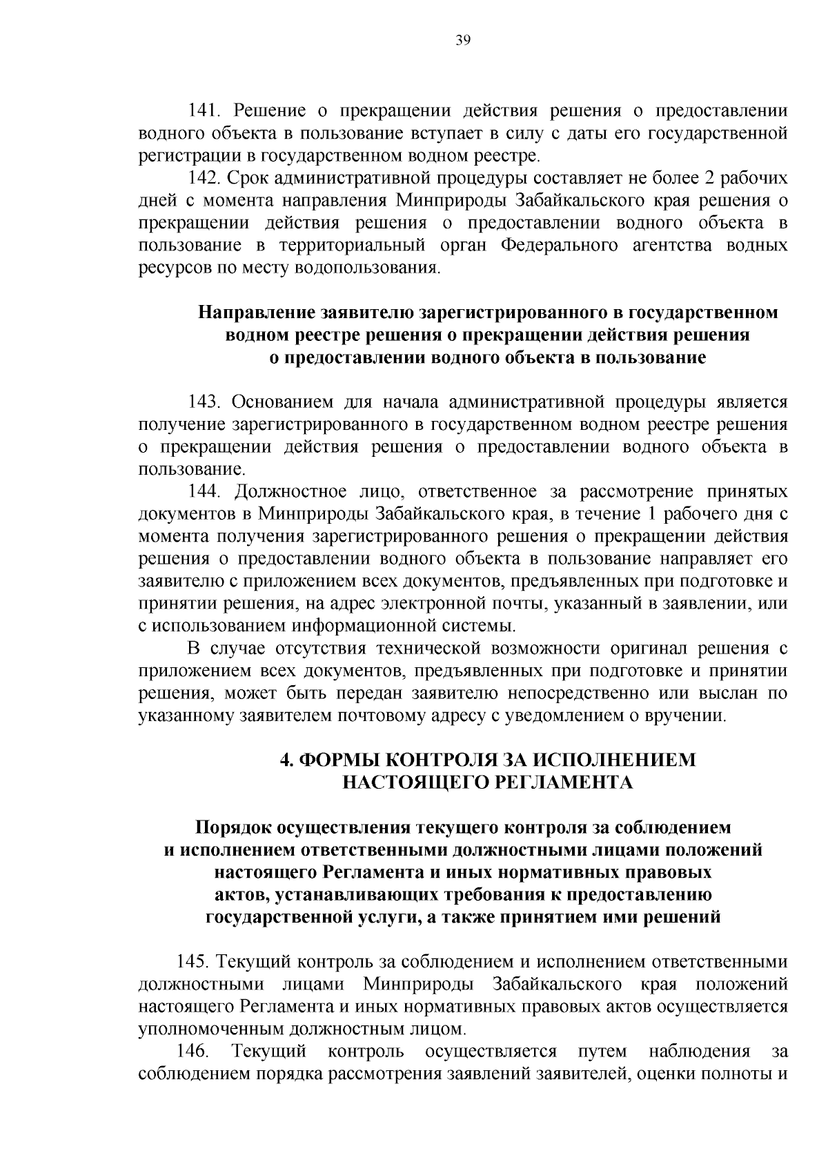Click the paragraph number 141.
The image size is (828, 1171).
[204, 110]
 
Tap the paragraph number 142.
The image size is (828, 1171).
[204, 178]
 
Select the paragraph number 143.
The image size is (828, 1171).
[204, 402]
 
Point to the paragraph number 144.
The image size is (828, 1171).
[204, 492]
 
